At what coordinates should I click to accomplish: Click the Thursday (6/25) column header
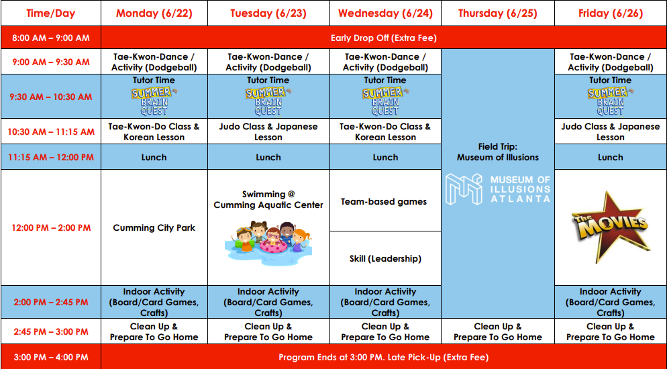pos(498,13)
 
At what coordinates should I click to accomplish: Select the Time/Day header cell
pos(50,13)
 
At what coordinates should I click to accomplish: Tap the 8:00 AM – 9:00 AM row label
pos(50,38)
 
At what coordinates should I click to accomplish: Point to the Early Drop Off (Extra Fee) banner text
pos(384,38)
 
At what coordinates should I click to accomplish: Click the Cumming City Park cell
pos(154,228)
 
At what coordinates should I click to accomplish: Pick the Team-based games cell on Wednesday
pos(385,201)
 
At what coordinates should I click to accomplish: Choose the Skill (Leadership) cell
pos(385,258)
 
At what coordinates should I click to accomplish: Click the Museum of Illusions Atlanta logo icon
pos(463,189)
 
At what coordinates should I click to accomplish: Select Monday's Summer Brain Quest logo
pos(154,101)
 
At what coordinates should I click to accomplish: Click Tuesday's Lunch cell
pos(268,157)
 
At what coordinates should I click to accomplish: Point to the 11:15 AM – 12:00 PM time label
pos(50,157)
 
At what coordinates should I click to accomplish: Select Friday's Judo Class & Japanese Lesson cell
pos(611,131)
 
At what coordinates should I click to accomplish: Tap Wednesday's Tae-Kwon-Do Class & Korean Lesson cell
pos(385,131)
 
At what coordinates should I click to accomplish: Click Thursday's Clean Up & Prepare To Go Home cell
pos(498,331)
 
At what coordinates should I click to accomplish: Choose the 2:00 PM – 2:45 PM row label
pos(50,303)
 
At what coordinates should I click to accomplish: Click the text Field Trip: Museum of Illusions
pos(498,152)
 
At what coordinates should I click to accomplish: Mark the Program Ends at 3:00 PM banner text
pos(384,357)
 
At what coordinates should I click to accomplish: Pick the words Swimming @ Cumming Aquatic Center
pos(268,199)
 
